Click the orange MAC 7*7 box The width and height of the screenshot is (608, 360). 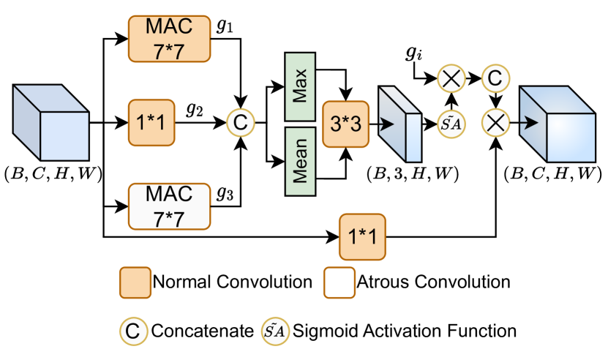(x=169, y=38)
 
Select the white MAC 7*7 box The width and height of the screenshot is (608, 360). (x=169, y=206)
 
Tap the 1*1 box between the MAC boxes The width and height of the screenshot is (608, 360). (x=151, y=122)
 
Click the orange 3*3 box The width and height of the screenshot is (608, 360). (x=345, y=124)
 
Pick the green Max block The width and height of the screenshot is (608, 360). (x=300, y=86)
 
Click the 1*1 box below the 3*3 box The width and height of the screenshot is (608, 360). (x=361, y=237)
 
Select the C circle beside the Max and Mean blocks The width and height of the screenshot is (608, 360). (x=239, y=122)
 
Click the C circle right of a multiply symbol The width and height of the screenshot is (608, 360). (x=495, y=78)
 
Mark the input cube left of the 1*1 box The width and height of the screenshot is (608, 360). (x=50, y=123)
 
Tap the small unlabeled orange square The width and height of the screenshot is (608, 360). (x=135, y=282)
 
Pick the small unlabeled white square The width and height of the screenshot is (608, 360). (x=339, y=282)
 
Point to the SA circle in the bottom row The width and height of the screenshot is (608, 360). (x=276, y=331)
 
